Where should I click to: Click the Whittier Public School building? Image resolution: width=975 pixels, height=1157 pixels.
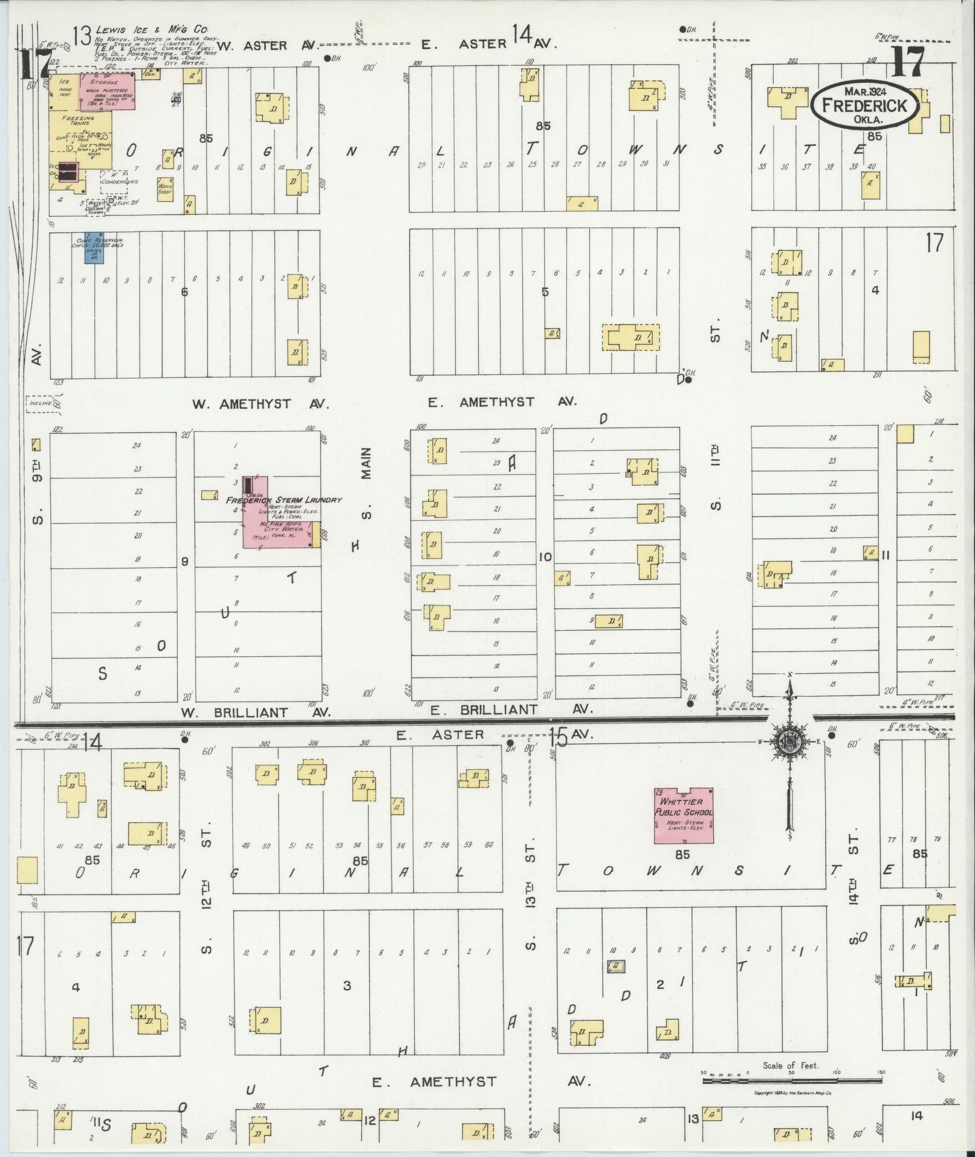684,815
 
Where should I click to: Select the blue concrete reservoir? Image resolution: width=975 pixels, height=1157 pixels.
94,247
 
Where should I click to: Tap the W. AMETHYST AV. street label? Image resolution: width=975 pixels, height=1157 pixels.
261,404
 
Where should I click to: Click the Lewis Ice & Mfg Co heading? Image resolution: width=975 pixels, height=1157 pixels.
151,28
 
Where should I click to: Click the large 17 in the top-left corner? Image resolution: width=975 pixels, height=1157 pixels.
29,65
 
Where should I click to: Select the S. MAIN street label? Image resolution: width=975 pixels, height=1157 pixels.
366,481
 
